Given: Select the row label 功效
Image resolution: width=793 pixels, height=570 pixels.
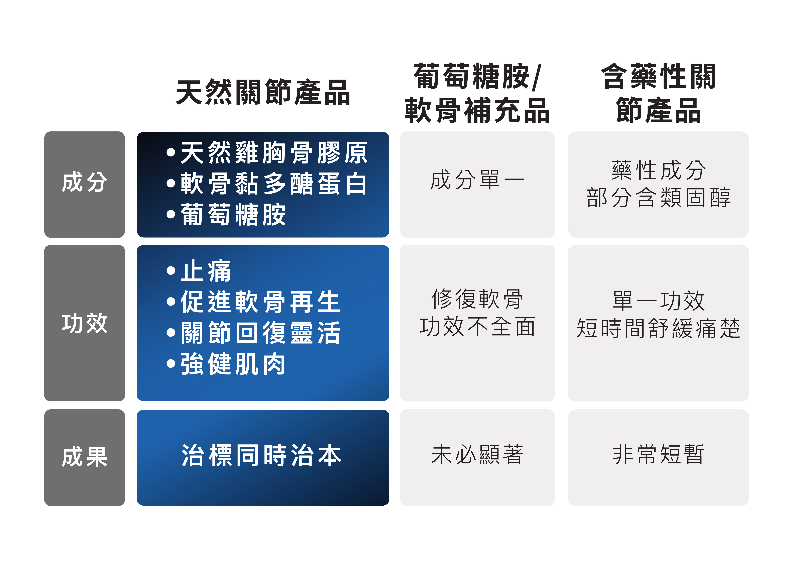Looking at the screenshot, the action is click(x=85, y=323).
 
